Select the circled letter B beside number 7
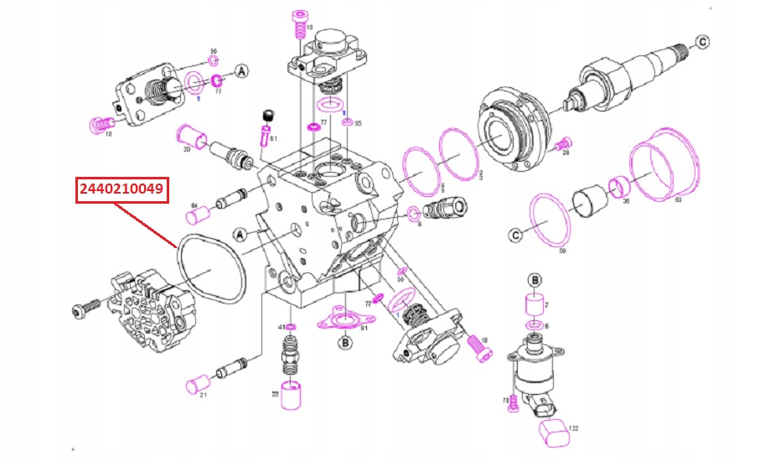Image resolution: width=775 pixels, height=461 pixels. [x=535, y=279]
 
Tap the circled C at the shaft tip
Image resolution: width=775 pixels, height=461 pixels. [x=703, y=41]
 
